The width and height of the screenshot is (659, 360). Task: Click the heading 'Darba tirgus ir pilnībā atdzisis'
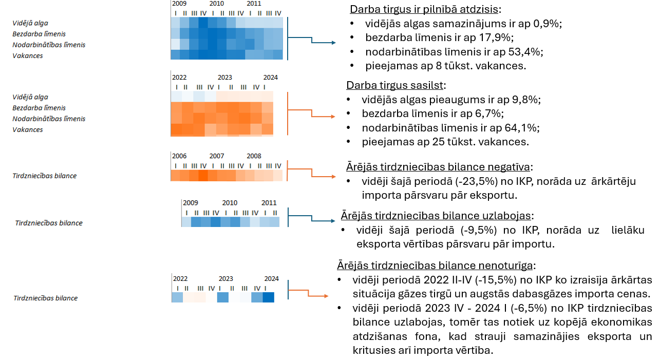[x=425, y=9]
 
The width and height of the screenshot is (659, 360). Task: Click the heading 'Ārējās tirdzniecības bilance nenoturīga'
[x=436, y=266]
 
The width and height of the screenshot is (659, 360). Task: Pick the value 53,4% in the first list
[x=526, y=51]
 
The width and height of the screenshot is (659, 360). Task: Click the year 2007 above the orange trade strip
[x=217, y=156]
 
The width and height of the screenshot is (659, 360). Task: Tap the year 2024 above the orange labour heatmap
[x=270, y=78]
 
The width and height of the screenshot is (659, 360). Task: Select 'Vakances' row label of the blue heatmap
[x=28, y=55]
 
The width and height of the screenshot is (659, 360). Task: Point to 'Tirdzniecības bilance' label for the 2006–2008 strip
[x=45, y=176]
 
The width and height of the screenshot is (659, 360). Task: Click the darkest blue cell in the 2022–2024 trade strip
[x=269, y=297]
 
